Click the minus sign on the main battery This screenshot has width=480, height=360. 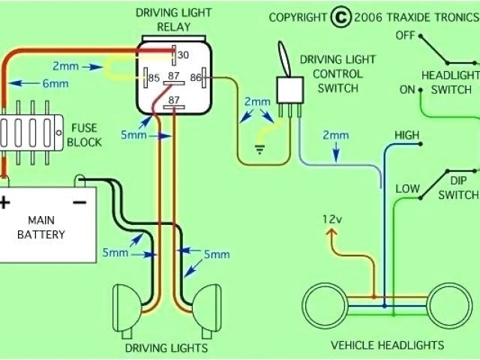pyautogui.click(x=77, y=201)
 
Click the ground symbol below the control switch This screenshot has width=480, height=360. pyautogui.click(x=260, y=148)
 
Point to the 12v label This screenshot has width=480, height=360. pyautogui.click(x=331, y=219)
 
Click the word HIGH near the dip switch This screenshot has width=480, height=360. pyautogui.click(x=406, y=135)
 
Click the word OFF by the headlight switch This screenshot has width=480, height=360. pyautogui.click(x=406, y=35)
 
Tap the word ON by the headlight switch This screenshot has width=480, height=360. pyautogui.click(x=407, y=90)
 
